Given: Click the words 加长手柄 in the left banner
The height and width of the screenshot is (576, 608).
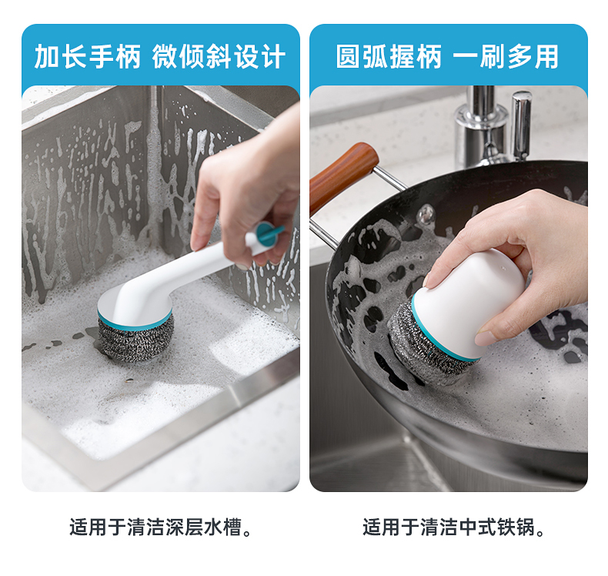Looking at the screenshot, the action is (x=88, y=57).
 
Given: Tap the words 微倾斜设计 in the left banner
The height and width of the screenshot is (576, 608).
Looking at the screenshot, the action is (x=219, y=57).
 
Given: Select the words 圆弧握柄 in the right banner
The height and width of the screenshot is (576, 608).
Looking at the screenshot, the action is (x=389, y=57).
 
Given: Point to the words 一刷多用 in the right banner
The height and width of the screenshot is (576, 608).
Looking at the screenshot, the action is (x=506, y=57).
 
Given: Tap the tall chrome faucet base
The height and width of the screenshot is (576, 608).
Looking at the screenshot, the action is (x=481, y=128).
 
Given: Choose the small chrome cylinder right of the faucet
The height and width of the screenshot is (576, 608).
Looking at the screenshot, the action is (x=521, y=125).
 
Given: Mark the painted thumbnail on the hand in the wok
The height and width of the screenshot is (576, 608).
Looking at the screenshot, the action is (x=485, y=338).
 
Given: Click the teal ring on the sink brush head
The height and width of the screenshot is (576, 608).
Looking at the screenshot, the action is (x=135, y=320).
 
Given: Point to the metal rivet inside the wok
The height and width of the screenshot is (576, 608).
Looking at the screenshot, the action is (x=426, y=213).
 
